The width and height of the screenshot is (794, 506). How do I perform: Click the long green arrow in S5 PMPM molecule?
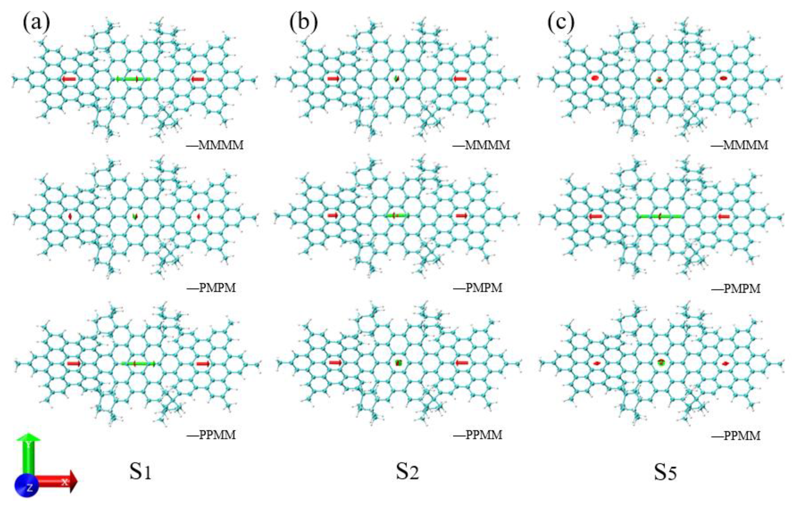(x=659, y=216)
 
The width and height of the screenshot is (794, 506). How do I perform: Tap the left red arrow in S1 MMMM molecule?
(x=69, y=79)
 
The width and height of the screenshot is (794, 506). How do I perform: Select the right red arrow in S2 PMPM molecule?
(x=462, y=216)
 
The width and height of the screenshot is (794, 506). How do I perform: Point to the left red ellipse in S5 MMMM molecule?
(x=595, y=78)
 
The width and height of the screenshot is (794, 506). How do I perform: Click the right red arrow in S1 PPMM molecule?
(x=203, y=364)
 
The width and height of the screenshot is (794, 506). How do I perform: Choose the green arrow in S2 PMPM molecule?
(x=398, y=215)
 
